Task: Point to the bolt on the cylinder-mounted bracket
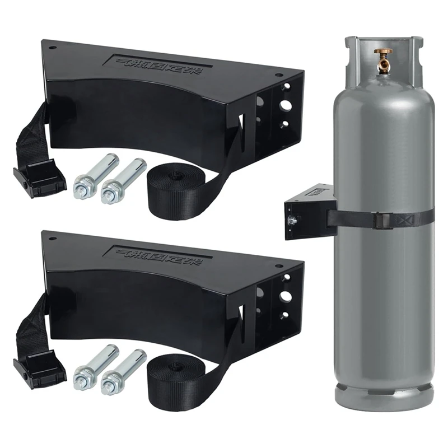[x=292, y=221]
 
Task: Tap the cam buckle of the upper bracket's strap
[x=39, y=178]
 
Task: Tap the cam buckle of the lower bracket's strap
[x=39, y=368]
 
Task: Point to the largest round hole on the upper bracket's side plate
[x=286, y=105]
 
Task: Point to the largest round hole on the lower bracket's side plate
[x=286, y=296]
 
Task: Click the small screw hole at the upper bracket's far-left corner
[x=52, y=48]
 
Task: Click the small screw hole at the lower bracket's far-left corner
[x=52, y=239]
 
